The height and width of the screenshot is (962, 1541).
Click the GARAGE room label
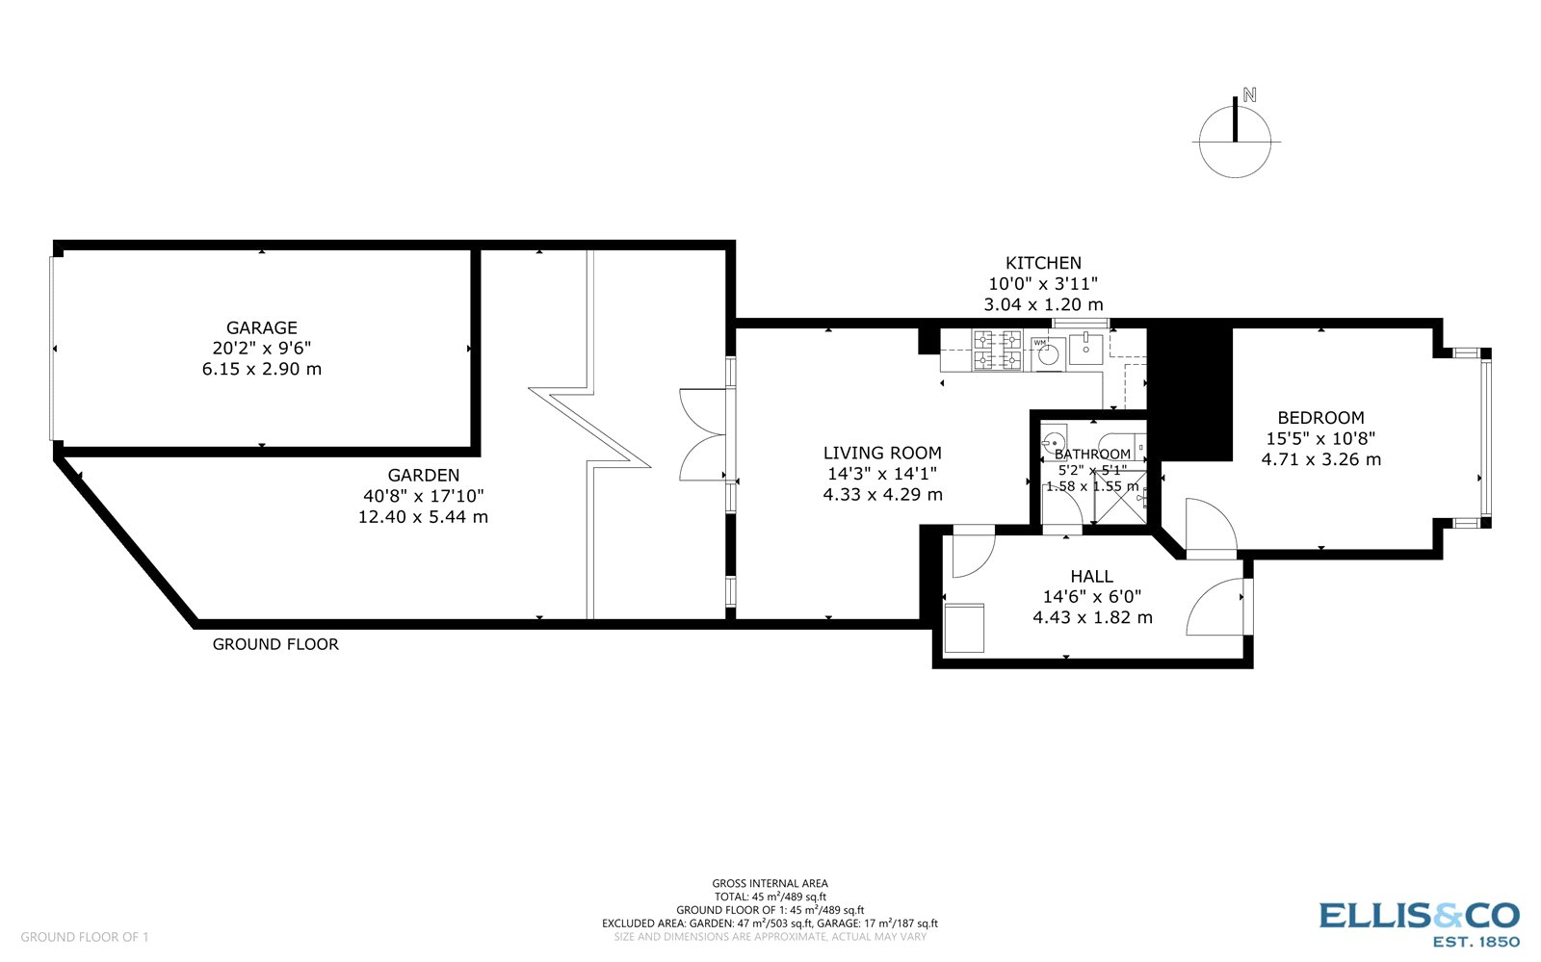click(261, 327)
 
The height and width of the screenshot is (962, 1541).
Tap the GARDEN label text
click(423, 475)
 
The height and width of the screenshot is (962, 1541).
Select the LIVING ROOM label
click(882, 453)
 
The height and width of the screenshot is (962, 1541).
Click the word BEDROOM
click(1320, 418)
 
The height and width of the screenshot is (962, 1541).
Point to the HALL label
click(1091, 576)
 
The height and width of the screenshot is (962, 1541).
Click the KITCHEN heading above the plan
click(1043, 263)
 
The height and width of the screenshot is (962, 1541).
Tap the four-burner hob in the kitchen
click(997, 350)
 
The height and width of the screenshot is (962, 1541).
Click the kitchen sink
click(1085, 348)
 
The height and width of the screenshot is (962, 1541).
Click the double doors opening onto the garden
click(703, 434)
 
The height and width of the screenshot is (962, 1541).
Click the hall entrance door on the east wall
click(1217, 608)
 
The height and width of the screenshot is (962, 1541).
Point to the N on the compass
click(1250, 95)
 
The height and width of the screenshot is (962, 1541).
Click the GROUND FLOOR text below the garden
click(275, 644)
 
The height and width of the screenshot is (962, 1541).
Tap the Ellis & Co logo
click(1419, 923)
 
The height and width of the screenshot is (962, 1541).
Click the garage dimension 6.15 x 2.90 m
click(261, 369)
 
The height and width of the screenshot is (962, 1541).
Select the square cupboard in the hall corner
click(964, 628)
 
